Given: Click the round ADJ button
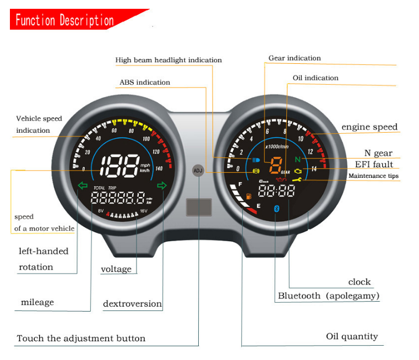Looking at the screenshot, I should point(198,170).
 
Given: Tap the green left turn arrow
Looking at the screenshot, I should point(83,185).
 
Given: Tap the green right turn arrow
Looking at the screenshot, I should point(161,185).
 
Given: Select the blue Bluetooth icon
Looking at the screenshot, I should point(277,209).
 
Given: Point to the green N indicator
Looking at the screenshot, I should point(297,160).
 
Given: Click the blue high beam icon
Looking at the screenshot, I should point(255,160).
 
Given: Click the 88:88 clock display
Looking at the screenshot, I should point(276,192).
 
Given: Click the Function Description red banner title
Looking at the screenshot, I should point(64,21).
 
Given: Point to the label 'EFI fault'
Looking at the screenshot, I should point(374,164).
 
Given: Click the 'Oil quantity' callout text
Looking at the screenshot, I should point(352,336).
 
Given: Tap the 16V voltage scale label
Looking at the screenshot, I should point(144,211).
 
